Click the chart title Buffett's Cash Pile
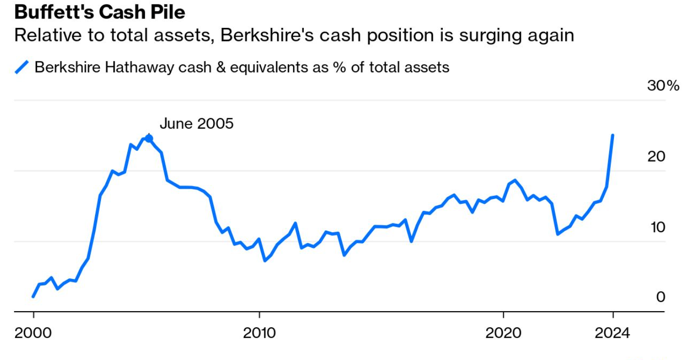99,12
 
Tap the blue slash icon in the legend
22,67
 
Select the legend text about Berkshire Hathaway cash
242,67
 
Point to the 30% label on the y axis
663,86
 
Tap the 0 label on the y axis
660,297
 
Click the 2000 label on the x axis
33,333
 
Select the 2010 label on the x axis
259,333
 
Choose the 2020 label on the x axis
503,333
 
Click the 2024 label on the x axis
613,333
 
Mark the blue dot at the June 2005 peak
149,139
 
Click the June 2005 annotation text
197,123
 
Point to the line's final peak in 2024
613,135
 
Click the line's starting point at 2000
33,296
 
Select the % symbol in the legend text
338,67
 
